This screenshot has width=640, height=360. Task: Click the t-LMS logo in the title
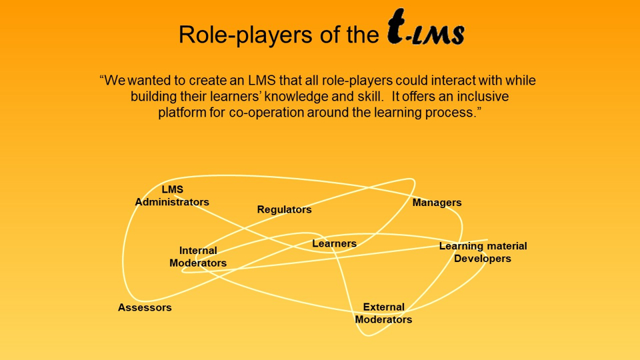425,31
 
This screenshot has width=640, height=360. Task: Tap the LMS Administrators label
172,196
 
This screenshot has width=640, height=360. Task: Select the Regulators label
284,209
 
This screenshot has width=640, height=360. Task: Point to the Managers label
437,203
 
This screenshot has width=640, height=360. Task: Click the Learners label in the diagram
334,244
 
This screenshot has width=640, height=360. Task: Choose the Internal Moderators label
198,257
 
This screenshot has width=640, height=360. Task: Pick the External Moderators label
383,313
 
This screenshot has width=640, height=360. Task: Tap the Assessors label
145,307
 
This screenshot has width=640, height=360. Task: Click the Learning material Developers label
483,252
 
